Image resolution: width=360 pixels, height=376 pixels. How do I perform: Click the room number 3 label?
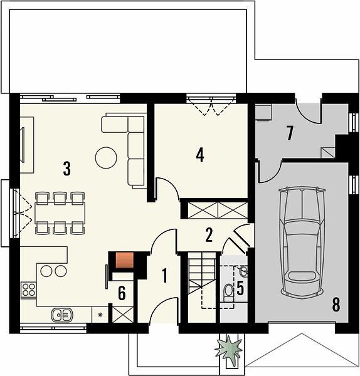tap(67, 169)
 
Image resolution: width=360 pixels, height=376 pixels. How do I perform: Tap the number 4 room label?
tap(200, 155)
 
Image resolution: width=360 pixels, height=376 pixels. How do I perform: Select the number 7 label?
tap(290, 133)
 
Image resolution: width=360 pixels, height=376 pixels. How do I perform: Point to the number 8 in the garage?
tap(336, 305)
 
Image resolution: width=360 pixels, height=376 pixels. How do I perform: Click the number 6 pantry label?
tap(122, 293)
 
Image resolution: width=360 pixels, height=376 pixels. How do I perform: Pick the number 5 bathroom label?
tap(240, 288)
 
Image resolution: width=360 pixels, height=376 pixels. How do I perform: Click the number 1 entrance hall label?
tap(164, 276)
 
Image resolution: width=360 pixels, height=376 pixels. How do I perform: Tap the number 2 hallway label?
tap(209, 235)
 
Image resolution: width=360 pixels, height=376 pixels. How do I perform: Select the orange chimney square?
tap(125, 260)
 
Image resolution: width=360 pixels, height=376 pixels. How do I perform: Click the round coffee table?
tap(106, 158)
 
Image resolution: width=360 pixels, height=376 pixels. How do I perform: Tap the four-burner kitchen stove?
tap(29, 290)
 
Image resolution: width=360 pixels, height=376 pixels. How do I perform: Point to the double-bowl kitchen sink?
tap(62, 315)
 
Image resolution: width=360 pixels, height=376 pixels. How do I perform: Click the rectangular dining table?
tap(60, 213)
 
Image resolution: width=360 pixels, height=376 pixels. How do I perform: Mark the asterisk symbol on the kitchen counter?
tap(100, 315)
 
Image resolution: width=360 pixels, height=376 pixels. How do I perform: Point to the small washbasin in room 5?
tap(243, 271)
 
